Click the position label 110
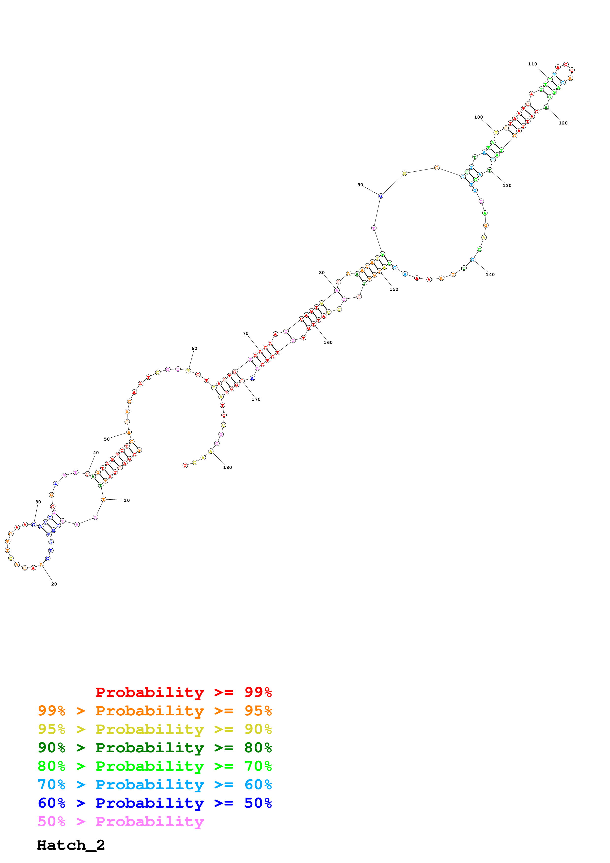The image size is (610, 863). pyautogui.click(x=532, y=64)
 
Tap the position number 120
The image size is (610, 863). pyautogui.click(x=563, y=123)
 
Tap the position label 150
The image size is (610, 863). pyautogui.click(x=393, y=289)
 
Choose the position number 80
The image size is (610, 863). pyautogui.click(x=322, y=273)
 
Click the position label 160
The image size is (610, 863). pyautogui.click(x=328, y=342)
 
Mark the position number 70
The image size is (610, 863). pyautogui.click(x=245, y=333)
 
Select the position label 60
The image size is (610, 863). pyautogui.click(x=194, y=348)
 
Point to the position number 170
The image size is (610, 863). pyautogui.click(x=256, y=399)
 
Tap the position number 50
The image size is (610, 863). pyautogui.click(x=107, y=439)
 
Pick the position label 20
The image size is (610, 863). pyautogui.click(x=54, y=584)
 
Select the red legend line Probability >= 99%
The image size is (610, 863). pyautogui.click(x=183, y=692)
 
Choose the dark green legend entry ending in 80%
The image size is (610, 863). pyautogui.click(x=155, y=748)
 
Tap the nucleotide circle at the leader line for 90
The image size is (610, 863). pyautogui.click(x=380, y=196)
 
